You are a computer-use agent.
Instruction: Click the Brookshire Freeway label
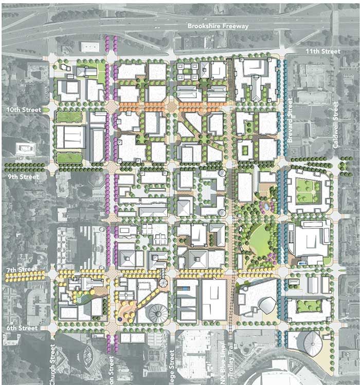click(x=218, y=26)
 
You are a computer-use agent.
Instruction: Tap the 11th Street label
click(x=323, y=51)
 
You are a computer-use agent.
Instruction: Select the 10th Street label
click(x=17, y=110)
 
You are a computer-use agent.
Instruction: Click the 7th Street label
click(x=20, y=269)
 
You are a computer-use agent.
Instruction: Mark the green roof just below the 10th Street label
click(x=69, y=117)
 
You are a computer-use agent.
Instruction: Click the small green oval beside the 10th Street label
click(x=46, y=110)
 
